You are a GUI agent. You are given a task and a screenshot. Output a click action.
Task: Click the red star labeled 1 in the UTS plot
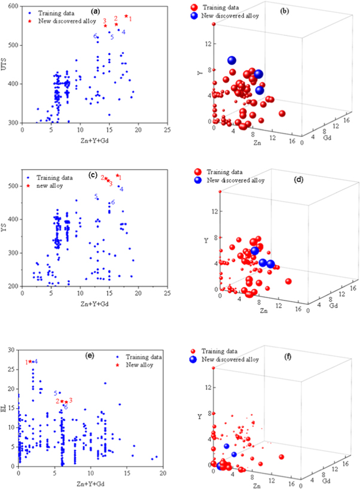point(126,16)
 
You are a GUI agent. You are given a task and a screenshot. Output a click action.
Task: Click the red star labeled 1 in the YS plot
point(118,176)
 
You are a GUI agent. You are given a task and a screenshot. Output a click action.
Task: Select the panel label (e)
point(90,356)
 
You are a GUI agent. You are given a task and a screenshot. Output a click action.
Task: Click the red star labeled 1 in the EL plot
point(30,362)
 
